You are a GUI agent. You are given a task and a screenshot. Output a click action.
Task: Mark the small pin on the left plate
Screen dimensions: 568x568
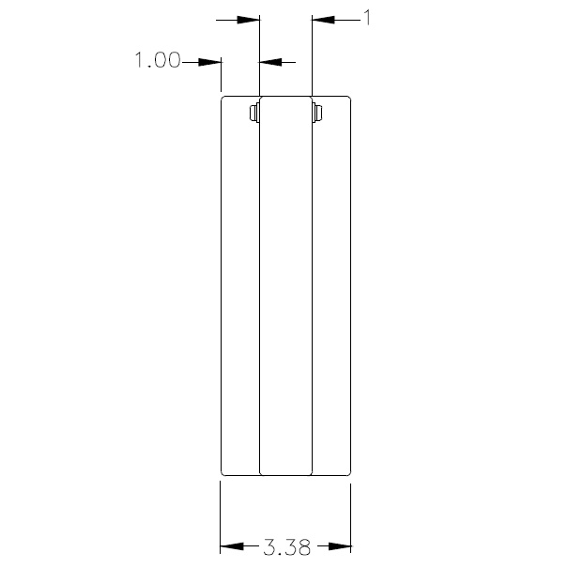(253, 114)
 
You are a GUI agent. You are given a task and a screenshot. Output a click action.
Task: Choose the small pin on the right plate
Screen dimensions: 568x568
(317, 114)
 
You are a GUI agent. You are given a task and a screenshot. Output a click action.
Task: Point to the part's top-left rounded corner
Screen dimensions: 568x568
(223, 98)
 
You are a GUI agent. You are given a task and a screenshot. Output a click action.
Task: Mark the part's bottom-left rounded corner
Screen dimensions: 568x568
(223, 472)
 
